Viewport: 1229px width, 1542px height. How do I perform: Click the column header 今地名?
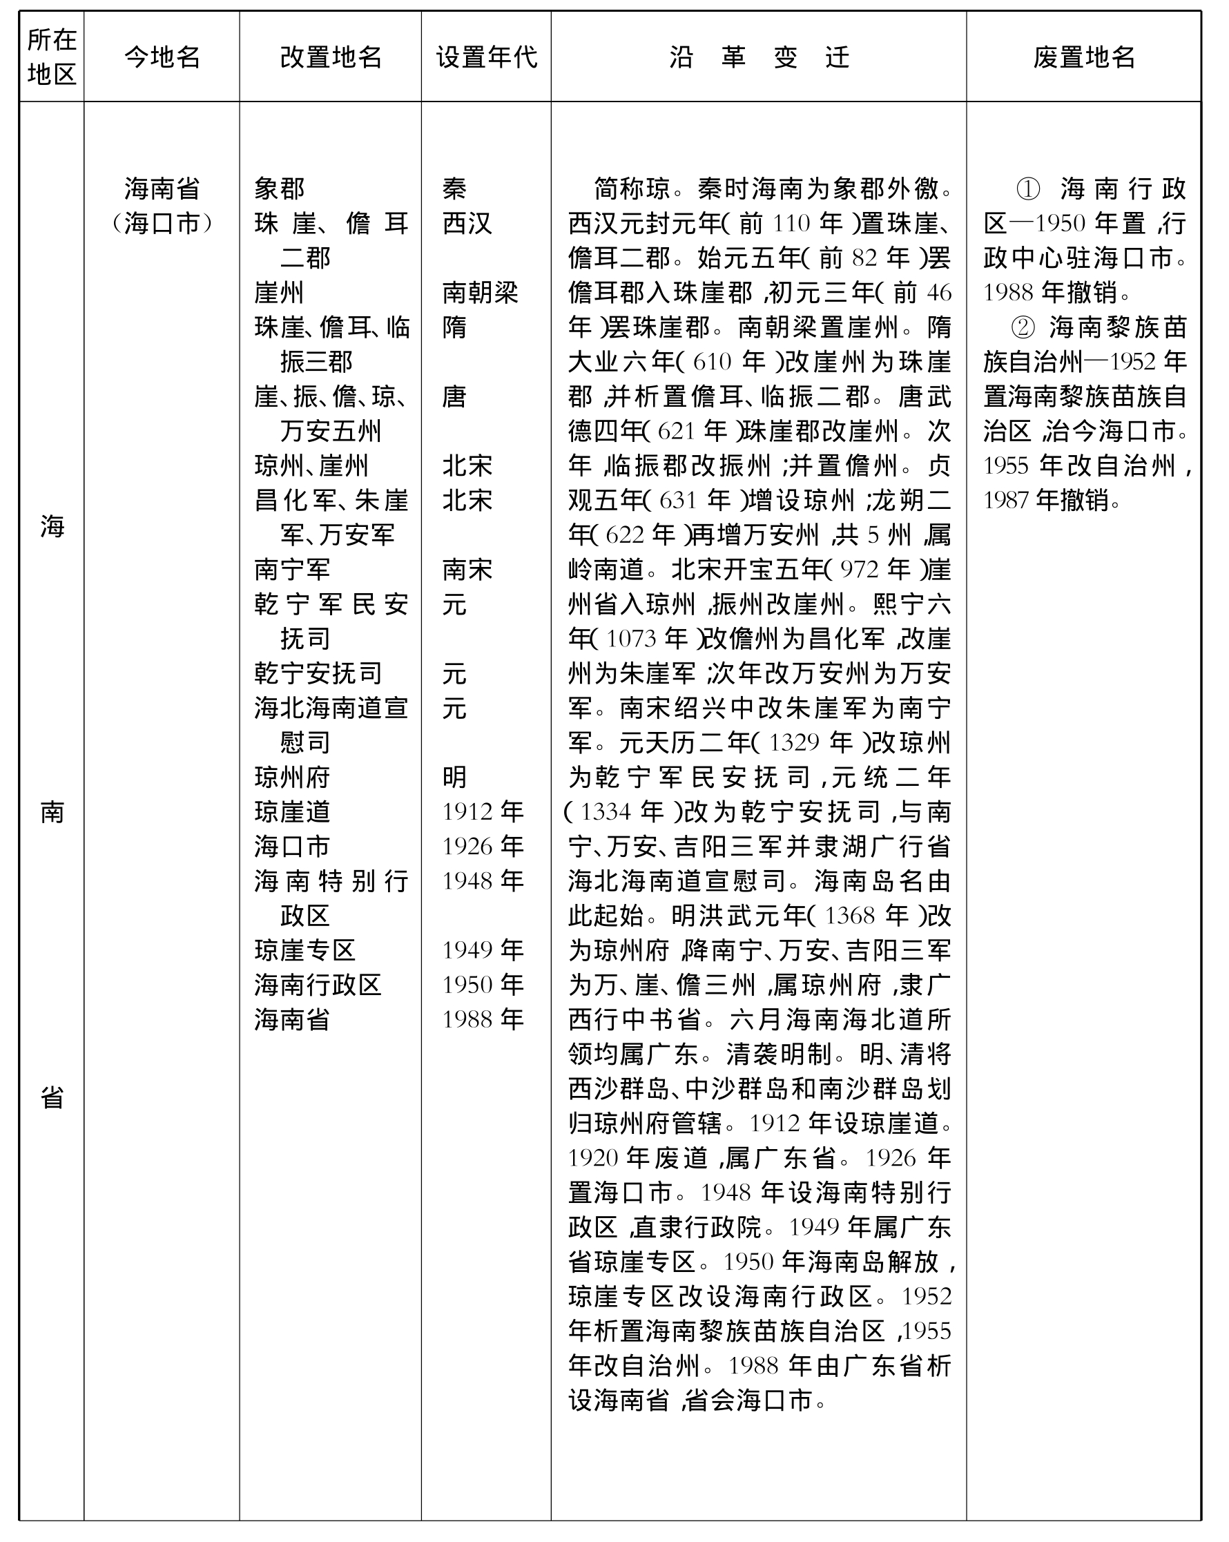[x=162, y=57]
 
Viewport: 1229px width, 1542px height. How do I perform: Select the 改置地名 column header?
[x=330, y=57]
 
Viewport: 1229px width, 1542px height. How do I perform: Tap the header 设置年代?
[x=486, y=57]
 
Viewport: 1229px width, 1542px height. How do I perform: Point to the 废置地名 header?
[x=1083, y=57]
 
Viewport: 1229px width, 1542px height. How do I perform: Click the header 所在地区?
[x=52, y=57]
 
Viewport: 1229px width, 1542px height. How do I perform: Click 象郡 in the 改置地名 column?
[x=280, y=189]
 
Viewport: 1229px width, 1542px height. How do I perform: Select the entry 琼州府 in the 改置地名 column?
[x=291, y=777]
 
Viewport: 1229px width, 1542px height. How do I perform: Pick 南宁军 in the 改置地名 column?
[x=291, y=569]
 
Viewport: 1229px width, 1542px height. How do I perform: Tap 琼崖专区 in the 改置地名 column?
[x=304, y=950]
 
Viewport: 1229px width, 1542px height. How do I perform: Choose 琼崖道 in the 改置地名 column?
[x=291, y=812]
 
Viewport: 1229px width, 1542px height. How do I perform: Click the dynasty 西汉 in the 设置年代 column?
[x=467, y=223]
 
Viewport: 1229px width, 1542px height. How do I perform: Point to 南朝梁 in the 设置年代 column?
[x=480, y=293]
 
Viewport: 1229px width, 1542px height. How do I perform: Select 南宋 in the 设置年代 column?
[x=467, y=569]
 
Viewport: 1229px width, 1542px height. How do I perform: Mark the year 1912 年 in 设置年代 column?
[x=483, y=812]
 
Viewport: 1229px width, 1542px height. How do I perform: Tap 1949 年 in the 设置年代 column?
[x=483, y=950]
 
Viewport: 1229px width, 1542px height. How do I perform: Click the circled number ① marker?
[x=1028, y=189]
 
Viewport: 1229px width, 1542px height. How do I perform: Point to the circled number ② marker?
[x=1023, y=327]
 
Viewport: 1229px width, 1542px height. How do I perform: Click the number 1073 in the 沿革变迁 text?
[x=632, y=638]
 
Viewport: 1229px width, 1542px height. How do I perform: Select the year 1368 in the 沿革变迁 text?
[x=850, y=916]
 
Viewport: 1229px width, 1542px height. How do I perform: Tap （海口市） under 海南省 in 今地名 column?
[x=162, y=224]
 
